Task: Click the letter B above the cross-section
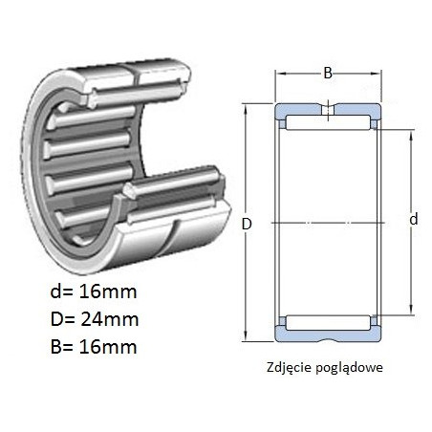tap(328, 74)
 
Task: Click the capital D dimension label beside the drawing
tap(247, 224)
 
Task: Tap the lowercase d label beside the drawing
tap(414, 219)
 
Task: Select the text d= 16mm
tap(94, 292)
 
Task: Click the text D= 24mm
tap(95, 319)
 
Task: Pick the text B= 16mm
tap(94, 347)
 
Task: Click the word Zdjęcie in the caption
tap(289, 368)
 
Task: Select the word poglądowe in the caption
tap(349, 368)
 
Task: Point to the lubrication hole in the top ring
tap(328, 110)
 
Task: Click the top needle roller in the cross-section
tap(328, 122)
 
